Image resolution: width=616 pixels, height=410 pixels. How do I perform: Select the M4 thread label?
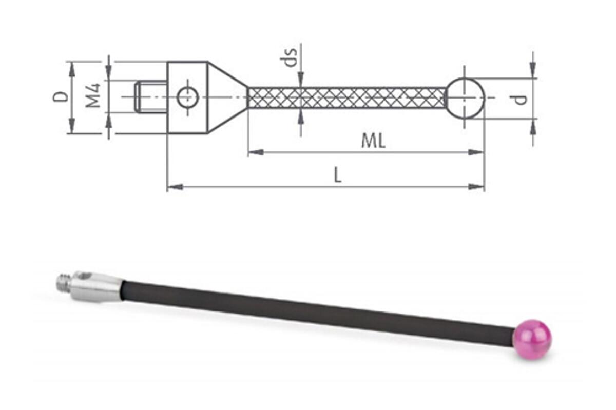[x=93, y=95]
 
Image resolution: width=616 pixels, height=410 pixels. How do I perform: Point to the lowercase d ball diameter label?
[x=518, y=100]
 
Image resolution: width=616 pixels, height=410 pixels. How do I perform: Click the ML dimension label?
[x=373, y=141]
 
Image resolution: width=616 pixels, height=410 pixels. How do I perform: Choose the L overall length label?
[x=338, y=175]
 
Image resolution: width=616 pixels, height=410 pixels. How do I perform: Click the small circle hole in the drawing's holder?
[x=188, y=97]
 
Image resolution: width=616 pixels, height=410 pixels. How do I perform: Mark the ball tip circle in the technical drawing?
[x=465, y=98]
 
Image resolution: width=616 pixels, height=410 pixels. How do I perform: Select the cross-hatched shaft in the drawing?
[x=346, y=98]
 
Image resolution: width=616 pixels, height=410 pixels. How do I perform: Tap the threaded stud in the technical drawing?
[x=151, y=96]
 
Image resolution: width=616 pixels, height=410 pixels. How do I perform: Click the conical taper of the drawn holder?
[x=228, y=97]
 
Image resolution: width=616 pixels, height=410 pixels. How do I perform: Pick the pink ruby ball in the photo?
[x=533, y=340]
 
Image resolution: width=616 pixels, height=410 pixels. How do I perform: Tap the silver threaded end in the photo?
[x=65, y=283]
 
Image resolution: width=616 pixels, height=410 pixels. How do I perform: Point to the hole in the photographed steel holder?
[x=86, y=276]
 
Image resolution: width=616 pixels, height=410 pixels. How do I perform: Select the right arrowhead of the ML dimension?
[x=476, y=152]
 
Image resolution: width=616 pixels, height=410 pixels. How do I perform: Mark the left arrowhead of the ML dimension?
[x=256, y=152]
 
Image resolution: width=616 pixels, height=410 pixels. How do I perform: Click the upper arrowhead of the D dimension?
[x=72, y=70]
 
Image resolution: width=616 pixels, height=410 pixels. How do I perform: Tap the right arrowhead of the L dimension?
[x=476, y=187]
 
